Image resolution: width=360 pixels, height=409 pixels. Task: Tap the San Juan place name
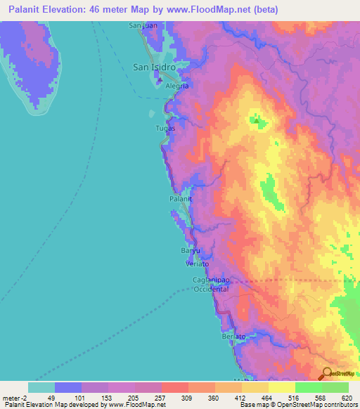pos(141,26)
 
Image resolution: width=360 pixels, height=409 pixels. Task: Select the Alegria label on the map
pos(176,86)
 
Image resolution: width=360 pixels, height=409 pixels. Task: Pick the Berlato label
pos(233,337)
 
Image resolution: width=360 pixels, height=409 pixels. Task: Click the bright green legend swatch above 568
pos(308,387)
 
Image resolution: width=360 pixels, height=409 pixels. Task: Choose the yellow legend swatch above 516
pos(281,387)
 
